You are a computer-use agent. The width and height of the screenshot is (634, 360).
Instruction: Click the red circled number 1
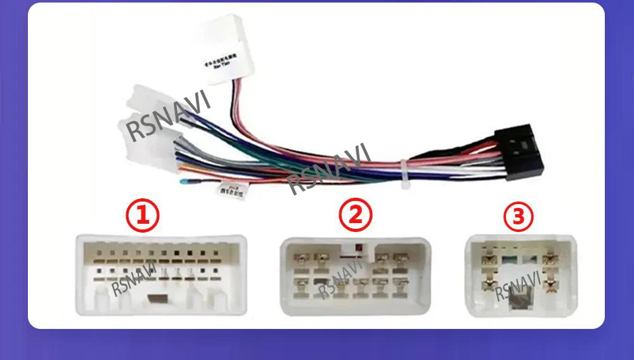pyautogui.click(x=141, y=215)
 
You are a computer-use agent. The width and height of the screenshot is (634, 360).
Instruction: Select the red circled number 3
pyautogui.click(x=519, y=217)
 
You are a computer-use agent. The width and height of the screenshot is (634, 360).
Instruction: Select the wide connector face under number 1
pyautogui.click(x=160, y=275)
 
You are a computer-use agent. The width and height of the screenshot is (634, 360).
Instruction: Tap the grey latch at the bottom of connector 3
pyautogui.click(x=520, y=296)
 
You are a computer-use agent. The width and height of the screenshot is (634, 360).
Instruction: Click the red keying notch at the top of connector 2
pyautogui.click(x=358, y=248)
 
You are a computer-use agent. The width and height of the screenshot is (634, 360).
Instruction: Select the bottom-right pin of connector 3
pyautogui.click(x=550, y=283)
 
